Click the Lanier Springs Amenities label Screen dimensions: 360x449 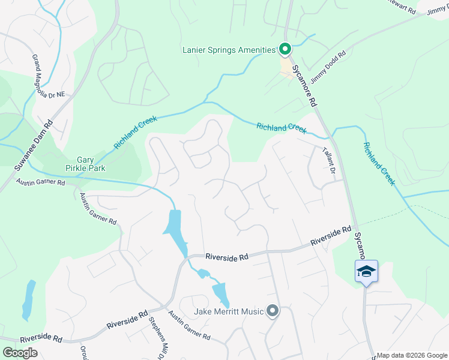229,50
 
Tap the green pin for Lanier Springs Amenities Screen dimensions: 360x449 285,49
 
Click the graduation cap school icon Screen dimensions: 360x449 366,272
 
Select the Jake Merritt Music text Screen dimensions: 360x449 229,311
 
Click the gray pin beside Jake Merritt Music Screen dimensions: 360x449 273,311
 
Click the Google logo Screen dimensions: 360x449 20,353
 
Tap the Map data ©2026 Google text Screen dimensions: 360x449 412,355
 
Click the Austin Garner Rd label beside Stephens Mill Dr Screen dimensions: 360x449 188,326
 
